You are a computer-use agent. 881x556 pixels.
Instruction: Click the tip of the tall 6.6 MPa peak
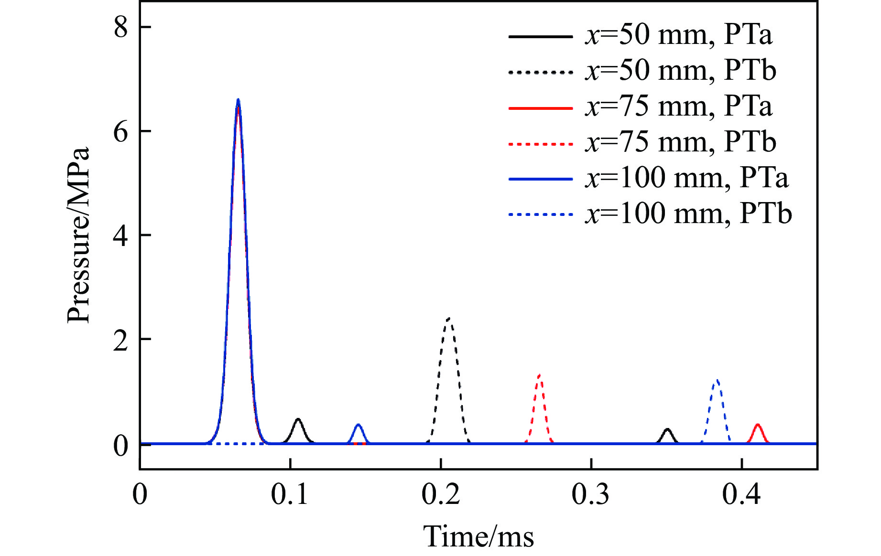pos(238,100)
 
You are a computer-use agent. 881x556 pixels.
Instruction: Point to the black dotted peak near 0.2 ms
pos(448,319)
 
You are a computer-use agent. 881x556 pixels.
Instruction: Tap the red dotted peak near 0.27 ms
pos(539,375)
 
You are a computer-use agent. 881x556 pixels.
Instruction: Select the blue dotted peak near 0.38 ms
pos(716,381)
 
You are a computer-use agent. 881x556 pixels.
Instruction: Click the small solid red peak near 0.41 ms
pos(757,425)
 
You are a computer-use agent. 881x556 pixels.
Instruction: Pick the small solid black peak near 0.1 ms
pos(298,419)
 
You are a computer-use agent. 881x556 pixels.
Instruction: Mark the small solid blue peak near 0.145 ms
pos(358,425)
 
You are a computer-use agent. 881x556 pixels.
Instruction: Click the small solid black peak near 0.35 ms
pos(667,429)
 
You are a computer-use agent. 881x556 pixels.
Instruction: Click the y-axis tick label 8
pos(120,27)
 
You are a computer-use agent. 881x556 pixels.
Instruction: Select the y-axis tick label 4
pos(120,235)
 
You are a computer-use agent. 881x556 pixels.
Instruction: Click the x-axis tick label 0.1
pos(290,495)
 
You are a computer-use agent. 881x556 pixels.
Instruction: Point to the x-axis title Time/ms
pos(479,536)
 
